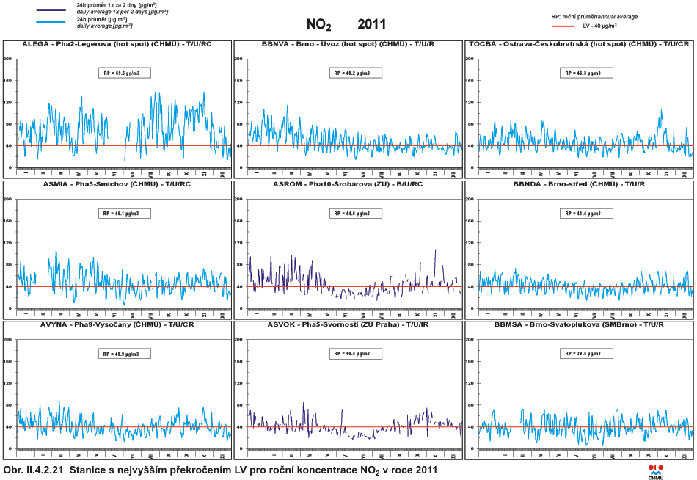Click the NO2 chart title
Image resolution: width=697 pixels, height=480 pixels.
(319, 25)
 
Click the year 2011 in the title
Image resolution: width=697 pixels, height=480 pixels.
(372, 24)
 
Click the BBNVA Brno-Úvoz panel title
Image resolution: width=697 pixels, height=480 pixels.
(348, 44)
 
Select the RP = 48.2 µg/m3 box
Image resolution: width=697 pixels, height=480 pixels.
(355, 73)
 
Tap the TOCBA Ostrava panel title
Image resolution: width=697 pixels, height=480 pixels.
(579, 44)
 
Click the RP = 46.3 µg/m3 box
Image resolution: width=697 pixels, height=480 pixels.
(585, 73)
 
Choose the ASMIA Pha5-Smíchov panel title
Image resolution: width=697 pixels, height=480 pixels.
(106, 184)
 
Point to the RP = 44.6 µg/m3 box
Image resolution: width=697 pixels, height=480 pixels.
(355, 213)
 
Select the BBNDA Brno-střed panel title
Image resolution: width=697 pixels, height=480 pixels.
(579, 184)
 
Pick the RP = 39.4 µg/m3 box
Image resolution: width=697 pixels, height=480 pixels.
(585, 353)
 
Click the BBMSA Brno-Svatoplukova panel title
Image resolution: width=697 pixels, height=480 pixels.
(579, 324)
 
